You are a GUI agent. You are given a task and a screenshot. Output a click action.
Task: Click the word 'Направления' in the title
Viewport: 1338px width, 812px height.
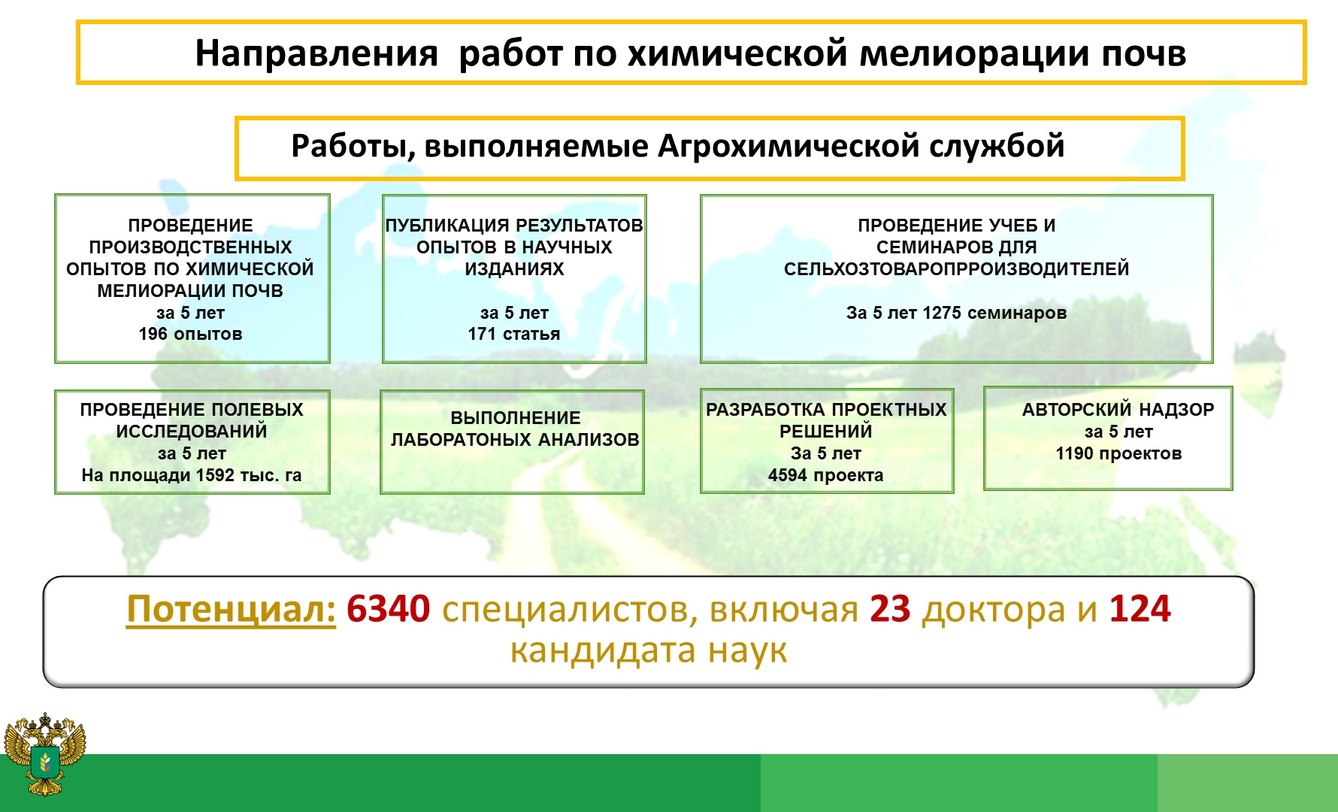pyautogui.click(x=316, y=54)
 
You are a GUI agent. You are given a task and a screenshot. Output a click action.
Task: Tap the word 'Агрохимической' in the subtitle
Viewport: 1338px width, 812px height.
pyautogui.click(x=789, y=146)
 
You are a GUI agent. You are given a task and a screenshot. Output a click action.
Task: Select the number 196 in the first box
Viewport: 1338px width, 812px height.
pyautogui.click(x=154, y=334)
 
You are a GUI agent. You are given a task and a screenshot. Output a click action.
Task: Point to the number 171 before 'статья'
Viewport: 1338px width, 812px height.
pyautogui.click(x=482, y=334)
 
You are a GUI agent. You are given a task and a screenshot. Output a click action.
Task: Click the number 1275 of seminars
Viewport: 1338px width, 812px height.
pyautogui.click(x=942, y=313)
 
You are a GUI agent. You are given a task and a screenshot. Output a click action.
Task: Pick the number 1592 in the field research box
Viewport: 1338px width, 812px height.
pyautogui.click(x=215, y=475)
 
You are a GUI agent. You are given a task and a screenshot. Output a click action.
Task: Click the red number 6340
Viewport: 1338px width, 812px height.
pyautogui.click(x=389, y=609)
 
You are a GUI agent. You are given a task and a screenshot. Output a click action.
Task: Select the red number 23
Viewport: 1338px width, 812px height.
pyautogui.click(x=890, y=609)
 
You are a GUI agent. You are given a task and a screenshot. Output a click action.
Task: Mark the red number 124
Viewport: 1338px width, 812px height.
pyautogui.click(x=1140, y=609)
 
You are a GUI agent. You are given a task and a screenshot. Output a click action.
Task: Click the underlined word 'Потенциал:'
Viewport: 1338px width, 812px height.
pyautogui.click(x=231, y=610)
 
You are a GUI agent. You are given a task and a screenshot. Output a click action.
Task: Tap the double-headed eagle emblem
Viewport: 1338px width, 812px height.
pyautogui.click(x=45, y=754)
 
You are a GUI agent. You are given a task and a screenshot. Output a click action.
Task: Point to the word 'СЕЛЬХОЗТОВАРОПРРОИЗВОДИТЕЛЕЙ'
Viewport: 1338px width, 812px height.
pyautogui.click(x=956, y=269)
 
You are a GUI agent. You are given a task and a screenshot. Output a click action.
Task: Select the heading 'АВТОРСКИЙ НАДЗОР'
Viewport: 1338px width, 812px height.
pyautogui.click(x=1118, y=410)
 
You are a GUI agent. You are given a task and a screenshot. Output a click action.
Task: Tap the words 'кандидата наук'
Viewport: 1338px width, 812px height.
pyautogui.click(x=649, y=651)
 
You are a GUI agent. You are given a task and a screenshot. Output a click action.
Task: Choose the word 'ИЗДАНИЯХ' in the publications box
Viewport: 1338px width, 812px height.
pyautogui.click(x=514, y=269)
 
